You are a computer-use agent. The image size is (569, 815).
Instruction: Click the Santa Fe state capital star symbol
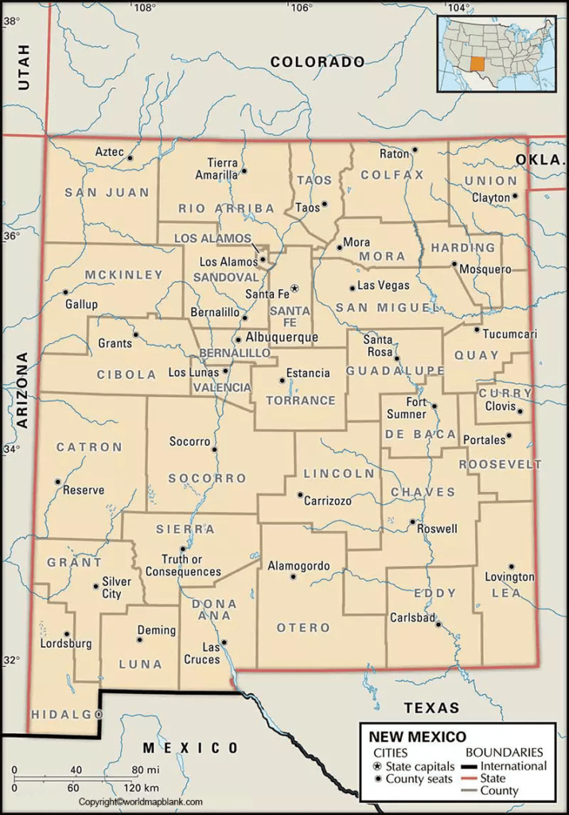click(294, 287)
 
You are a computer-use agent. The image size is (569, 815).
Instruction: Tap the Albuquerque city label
click(281, 337)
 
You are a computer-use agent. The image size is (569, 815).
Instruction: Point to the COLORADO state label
click(317, 61)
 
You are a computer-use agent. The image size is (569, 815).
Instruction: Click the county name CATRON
click(89, 447)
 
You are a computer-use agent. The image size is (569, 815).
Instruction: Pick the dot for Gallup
click(66, 292)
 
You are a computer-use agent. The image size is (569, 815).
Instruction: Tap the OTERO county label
click(302, 628)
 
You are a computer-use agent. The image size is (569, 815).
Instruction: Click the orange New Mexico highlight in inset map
click(477, 64)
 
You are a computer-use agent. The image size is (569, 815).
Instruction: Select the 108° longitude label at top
click(143, 8)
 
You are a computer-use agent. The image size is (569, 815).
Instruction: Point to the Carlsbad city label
click(412, 618)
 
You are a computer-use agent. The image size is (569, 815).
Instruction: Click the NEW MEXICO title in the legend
click(417, 737)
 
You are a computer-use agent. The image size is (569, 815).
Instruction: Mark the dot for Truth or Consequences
click(183, 548)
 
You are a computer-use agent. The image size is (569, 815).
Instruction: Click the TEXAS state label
click(431, 708)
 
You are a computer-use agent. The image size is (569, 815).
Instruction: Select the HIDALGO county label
click(67, 716)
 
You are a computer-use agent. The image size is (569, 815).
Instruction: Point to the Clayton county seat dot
click(515, 195)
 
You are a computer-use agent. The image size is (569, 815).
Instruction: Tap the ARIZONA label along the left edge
click(22, 390)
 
